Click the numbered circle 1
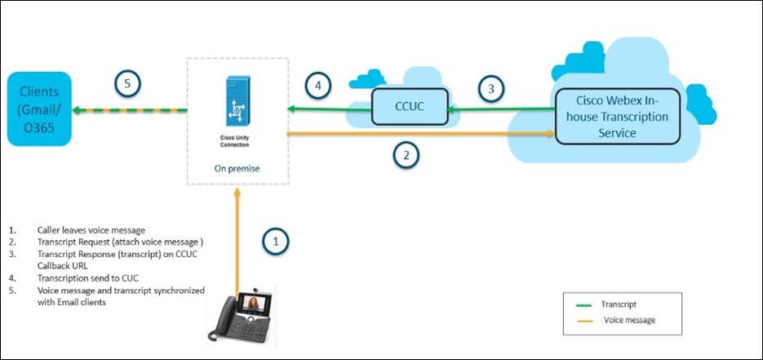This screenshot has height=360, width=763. pyautogui.click(x=276, y=241)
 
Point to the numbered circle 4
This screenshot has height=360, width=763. pyautogui.click(x=319, y=85)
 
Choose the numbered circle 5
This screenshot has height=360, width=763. pyautogui.click(x=128, y=82)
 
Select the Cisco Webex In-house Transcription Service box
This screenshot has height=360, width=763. pyautogui.click(x=617, y=116)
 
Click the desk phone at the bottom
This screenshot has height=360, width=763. pyautogui.click(x=244, y=318)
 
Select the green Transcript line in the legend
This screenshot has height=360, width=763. pyautogui.click(x=585, y=302)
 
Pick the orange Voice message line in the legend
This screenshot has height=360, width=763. pyautogui.click(x=585, y=321)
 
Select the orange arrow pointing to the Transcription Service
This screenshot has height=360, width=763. pyautogui.click(x=424, y=133)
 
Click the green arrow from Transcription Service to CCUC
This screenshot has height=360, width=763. pyautogui.click(x=502, y=109)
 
